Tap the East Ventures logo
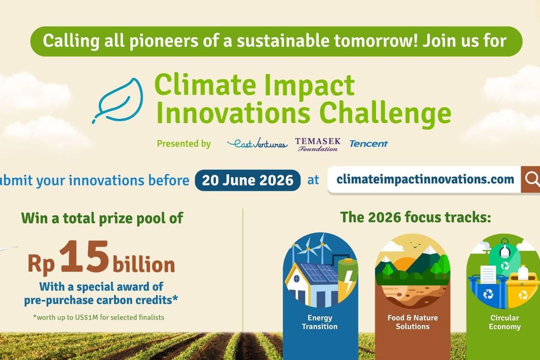click(257, 144)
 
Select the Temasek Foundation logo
click(318, 144)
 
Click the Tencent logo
click(369, 144)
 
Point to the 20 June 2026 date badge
click(247, 180)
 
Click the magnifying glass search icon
click(532, 180)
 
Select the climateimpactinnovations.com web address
click(425, 180)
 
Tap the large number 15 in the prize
click(84, 256)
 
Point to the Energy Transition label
click(319, 322)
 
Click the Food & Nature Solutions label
click(413, 322)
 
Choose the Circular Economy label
click(504, 322)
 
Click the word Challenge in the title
click(385, 113)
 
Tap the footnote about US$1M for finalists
click(99, 317)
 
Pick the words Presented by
click(184, 144)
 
